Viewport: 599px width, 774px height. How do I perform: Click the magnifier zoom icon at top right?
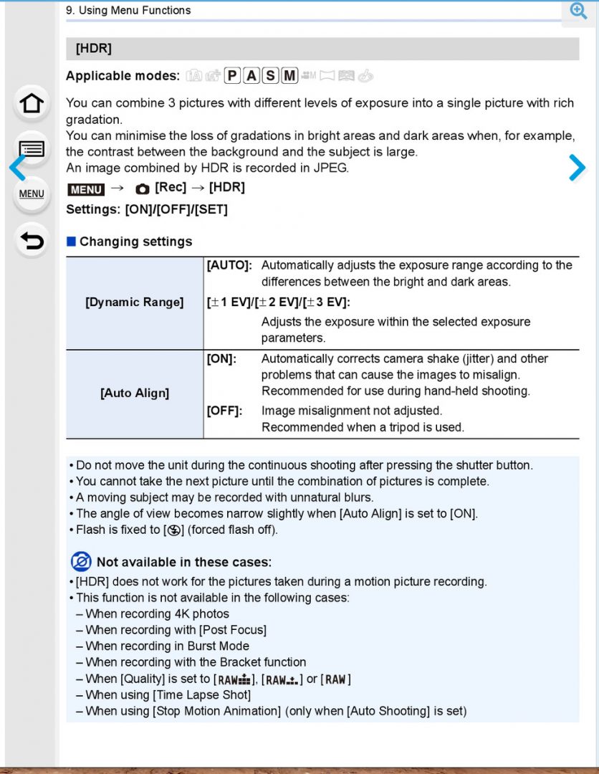[x=578, y=10]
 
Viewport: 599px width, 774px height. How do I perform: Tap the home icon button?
[x=32, y=103]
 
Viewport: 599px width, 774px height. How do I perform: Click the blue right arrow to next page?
[x=577, y=168]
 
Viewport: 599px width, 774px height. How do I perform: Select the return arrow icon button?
[x=32, y=241]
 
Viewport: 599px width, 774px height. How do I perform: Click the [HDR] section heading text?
[x=94, y=49]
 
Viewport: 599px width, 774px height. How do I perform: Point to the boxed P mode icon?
[x=232, y=76]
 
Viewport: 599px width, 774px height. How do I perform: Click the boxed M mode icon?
[x=289, y=76]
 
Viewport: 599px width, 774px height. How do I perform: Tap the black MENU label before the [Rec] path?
[x=86, y=188]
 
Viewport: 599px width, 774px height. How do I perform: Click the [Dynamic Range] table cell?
[x=135, y=302]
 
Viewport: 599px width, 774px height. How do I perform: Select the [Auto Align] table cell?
[x=135, y=393]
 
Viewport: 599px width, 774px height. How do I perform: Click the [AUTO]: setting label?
[x=229, y=265]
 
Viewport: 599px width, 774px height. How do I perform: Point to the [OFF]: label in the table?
[x=224, y=411]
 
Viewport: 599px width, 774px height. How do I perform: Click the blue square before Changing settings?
[x=71, y=242]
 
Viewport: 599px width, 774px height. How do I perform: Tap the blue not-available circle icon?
[x=81, y=562]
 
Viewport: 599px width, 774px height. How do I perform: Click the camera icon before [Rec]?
[x=143, y=188]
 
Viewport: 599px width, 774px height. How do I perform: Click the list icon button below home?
[x=32, y=149]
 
